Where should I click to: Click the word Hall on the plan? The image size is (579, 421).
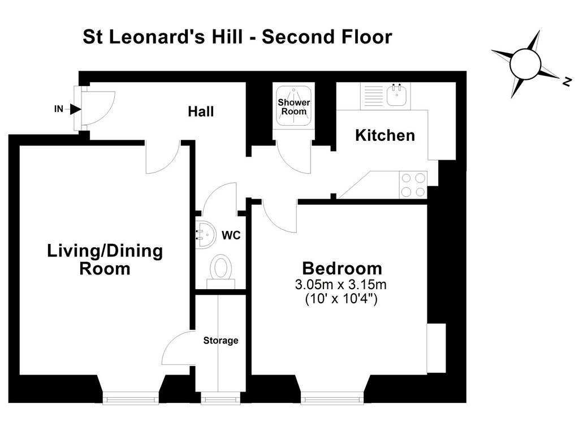pyautogui.click(x=201, y=111)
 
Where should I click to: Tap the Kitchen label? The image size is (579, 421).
pyautogui.click(x=384, y=135)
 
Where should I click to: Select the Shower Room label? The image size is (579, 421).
pyautogui.click(x=294, y=107)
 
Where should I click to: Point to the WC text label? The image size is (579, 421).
pyautogui.click(x=231, y=235)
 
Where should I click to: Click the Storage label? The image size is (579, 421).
pyautogui.click(x=221, y=341)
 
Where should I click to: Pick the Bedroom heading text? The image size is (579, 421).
pyautogui.click(x=342, y=268)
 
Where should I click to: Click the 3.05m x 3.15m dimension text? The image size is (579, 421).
pyautogui.click(x=340, y=285)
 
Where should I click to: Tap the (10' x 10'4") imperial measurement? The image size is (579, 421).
pyautogui.click(x=341, y=298)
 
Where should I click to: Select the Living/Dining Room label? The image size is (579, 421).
pyautogui.click(x=105, y=260)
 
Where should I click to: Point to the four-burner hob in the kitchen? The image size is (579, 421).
pyautogui.click(x=413, y=185)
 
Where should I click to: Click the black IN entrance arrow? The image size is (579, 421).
pyautogui.click(x=76, y=109)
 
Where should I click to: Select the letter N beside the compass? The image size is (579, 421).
pyautogui.click(x=567, y=81)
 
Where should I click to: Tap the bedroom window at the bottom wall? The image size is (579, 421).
pyautogui.click(x=332, y=399)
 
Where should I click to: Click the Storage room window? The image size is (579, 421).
pyautogui.click(x=221, y=399)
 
